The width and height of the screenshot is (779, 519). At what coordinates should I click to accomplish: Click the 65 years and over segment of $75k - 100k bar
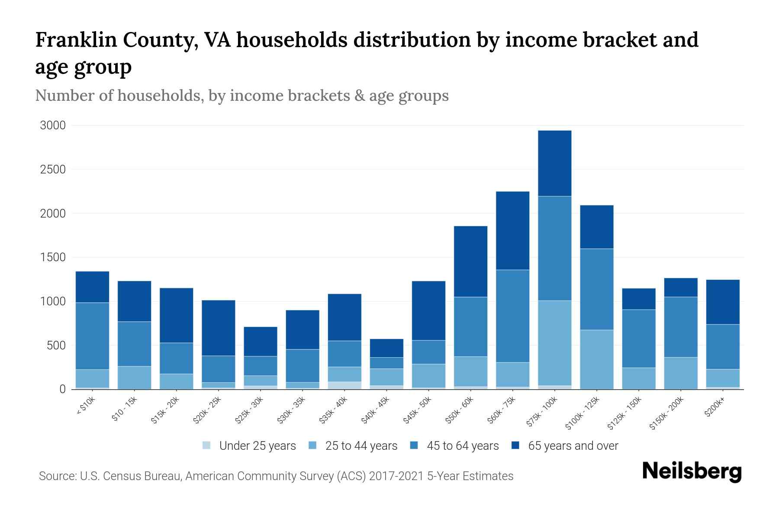554,163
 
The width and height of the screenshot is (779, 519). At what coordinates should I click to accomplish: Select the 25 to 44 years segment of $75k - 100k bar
554,343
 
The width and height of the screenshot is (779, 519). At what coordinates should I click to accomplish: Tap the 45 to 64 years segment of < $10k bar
92,336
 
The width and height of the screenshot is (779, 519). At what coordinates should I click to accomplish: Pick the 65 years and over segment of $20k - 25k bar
219,328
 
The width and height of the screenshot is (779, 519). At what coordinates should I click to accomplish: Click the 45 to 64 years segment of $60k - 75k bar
512,316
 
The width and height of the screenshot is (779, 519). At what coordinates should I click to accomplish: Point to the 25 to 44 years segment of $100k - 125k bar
596,359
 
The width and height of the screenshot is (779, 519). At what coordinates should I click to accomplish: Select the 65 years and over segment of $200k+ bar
723,302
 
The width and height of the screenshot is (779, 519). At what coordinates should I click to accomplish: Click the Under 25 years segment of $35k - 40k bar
344,385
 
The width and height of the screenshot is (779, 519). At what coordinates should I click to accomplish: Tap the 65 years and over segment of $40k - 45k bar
386,348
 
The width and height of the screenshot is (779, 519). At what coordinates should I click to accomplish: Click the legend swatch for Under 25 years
207,445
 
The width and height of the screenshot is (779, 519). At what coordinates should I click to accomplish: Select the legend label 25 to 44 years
361,445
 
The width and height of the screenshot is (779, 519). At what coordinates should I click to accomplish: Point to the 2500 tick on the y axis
53,169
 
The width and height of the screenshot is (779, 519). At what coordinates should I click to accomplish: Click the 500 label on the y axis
56,345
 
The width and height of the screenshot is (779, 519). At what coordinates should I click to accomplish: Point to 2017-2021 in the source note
396,476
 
